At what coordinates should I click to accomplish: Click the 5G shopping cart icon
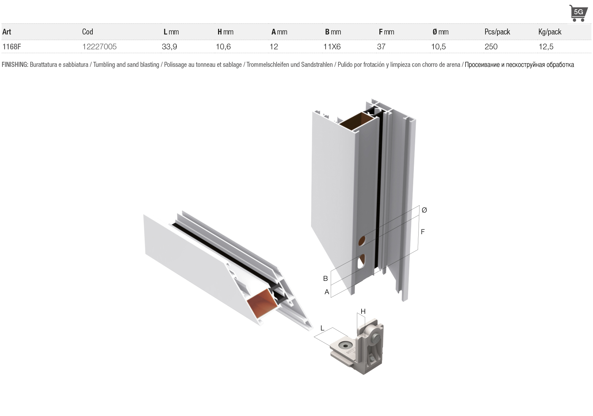point(578,13)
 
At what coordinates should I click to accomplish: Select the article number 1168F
point(12,47)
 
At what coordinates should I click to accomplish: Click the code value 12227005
point(99,47)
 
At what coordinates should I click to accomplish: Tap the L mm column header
point(171,32)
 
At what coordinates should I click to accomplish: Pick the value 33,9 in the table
point(169,47)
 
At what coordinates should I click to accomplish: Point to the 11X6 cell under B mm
point(332,47)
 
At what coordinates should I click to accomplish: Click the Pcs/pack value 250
point(491,47)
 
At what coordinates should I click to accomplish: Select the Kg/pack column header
point(550,32)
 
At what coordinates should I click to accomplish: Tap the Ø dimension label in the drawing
point(424,210)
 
